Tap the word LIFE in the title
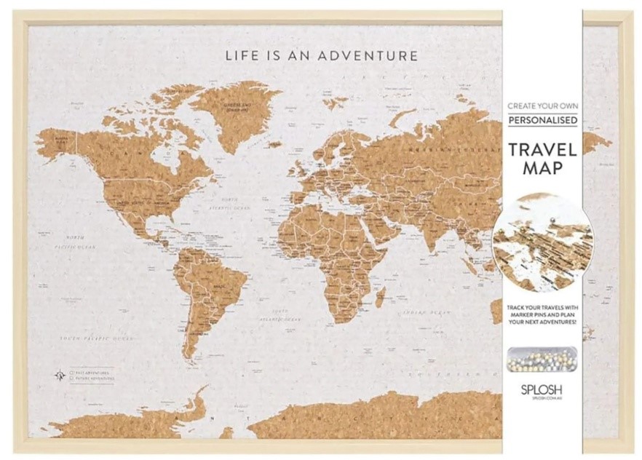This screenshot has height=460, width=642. [241, 55]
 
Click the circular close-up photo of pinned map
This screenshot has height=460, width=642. [542, 239]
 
